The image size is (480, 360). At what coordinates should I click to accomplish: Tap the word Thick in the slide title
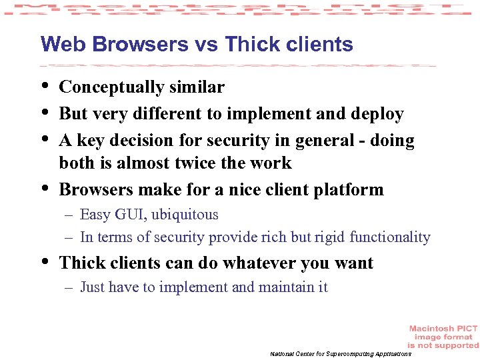click(x=249, y=45)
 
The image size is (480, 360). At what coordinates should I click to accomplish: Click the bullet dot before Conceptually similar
click(x=45, y=86)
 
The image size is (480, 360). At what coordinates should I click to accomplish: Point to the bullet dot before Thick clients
click(x=45, y=262)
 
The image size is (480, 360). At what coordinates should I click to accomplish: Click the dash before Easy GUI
click(x=69, y=215)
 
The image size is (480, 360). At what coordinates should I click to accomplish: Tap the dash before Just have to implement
click(x=69, y=288)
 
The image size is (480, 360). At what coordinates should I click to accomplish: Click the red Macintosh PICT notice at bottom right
click(x=443, y=337)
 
